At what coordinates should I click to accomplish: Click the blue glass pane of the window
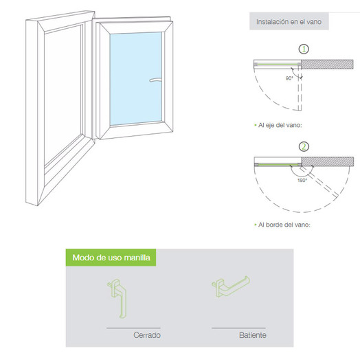(136, 78)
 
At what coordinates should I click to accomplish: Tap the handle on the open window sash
(156, 80)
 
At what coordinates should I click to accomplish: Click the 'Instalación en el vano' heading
(289, 22)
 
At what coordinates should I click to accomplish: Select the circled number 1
(304, 49)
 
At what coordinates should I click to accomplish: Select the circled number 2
(304, 147)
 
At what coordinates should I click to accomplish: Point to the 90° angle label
(289, 78)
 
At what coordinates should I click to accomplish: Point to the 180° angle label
(302, 181)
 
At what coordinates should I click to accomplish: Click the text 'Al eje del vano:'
(280, 126)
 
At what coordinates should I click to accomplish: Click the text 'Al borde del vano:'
(284, 225)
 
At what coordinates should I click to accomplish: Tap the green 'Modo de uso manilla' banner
(111, 258)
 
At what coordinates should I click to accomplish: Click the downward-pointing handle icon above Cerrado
(117, 298)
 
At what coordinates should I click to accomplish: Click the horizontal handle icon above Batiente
(230, 286)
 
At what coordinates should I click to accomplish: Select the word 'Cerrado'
(147, 335)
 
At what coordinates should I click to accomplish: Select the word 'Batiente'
(253, 335)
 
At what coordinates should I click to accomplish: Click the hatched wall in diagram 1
(327, 65)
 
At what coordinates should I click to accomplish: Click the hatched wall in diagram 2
(328, 161)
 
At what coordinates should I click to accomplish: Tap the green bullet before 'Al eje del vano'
(256, 126)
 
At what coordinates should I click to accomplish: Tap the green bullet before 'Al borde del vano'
(256, 225)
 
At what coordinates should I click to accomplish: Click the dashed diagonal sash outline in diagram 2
(318, 182)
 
